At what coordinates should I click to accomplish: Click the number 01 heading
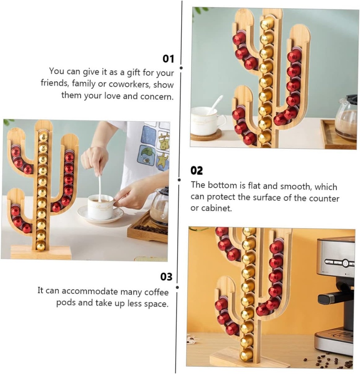click(x=168, y=59)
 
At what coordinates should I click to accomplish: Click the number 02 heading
click(x=196, y=171)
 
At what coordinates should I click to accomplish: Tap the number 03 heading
click(x=166, y=277)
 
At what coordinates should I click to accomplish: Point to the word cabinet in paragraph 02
click(x=216, y=208)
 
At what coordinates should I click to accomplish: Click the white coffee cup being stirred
click(x=101, y=207)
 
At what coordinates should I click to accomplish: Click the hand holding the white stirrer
click(x=95, y=159)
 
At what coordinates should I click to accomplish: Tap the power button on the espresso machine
click(x=345, y=263)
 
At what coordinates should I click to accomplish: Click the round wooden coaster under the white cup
click(x=206, y=136)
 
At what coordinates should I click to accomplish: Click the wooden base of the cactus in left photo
click(x=41, y=252)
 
